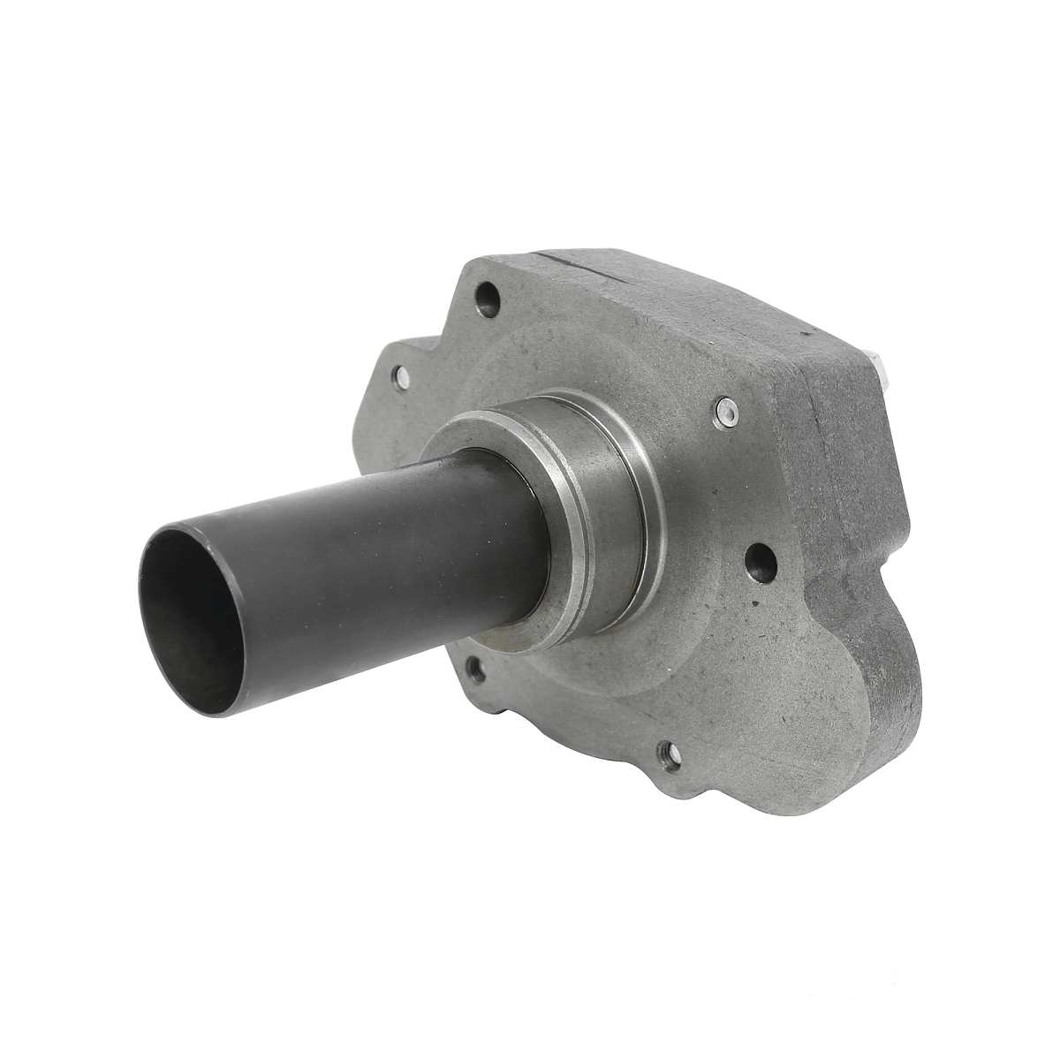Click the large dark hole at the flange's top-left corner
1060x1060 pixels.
[485, 292]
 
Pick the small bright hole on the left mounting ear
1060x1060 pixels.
[401, 377]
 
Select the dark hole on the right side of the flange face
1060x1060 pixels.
[760, 558]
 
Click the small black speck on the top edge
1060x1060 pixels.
[806, 335]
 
